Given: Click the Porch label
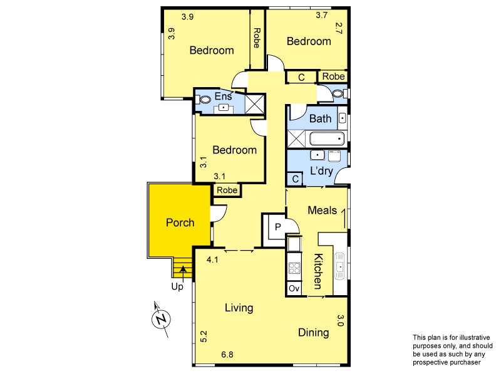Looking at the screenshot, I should click(x=180, y=222).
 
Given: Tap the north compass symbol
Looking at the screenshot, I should click(x=162, y=319).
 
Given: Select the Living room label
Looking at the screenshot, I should click(x=239, y=308).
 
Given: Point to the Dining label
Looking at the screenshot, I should click(x=313, y=332).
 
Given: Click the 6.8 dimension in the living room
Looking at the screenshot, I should click(x=227, y=355).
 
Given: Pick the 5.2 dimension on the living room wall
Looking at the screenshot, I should click(x=204, y=337).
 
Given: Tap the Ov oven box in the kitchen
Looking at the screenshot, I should click(x=294, y=288).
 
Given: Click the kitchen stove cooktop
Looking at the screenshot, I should click(x=294, y=268).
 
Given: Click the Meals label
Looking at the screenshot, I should click(x=322, y=211).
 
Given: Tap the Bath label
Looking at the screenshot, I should click(x=321, y=118).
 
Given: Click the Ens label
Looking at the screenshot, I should click(x=224, y=97).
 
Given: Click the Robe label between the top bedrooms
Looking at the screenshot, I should click(x=257, y=39).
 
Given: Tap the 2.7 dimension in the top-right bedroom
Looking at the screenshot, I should click(x=339, y=28).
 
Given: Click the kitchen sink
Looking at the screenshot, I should click(x=339, y=266).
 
